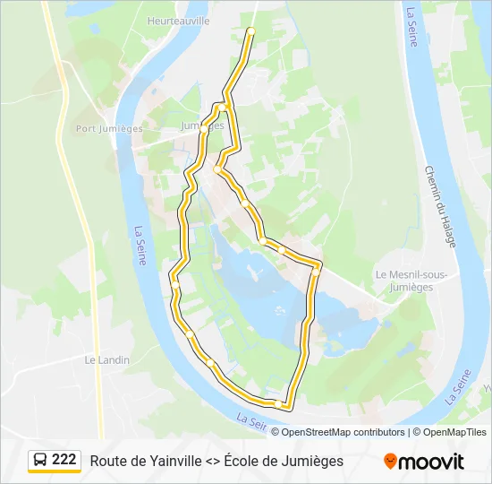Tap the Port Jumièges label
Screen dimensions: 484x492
pos(109,129)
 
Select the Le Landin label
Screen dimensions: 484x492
pos(106,359)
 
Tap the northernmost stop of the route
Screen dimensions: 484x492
pos(250,31)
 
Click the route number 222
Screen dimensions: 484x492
pos(64,460)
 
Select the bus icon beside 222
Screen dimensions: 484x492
pos(40,461)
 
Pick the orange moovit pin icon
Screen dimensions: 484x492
pos(390,462)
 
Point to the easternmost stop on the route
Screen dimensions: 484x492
pos(316,268)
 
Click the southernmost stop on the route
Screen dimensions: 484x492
pos(284,405)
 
